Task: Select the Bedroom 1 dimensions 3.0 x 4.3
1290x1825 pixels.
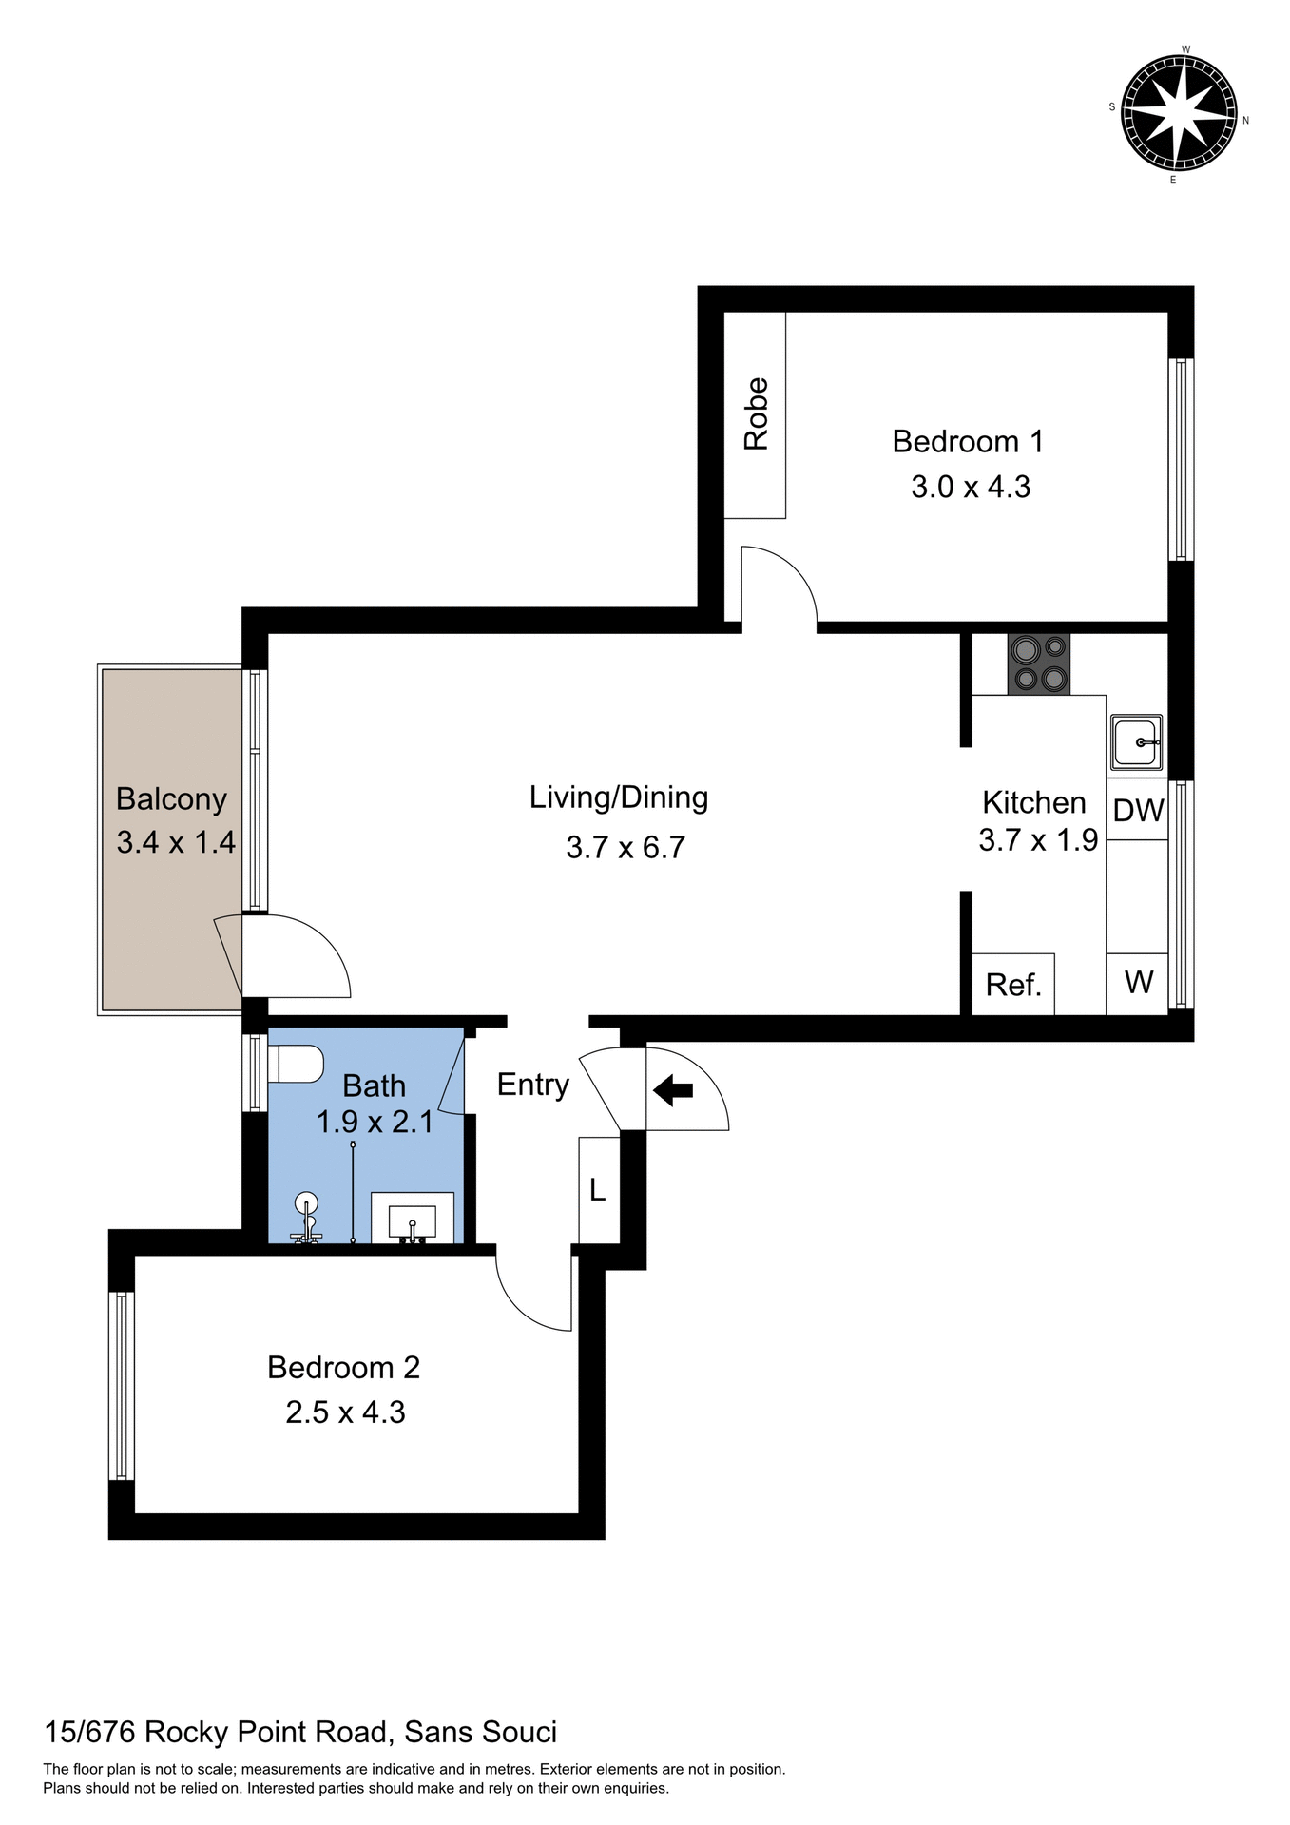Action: click(x=971, y=488)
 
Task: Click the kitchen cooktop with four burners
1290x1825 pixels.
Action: click(x=1039, y=663)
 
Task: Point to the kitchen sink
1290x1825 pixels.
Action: click(x=1135, y=742)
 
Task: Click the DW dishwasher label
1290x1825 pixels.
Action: click(x=1138, y=811)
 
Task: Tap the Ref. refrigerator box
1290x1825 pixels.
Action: click(x=1013, y=985)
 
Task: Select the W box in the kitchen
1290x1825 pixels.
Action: click(x=1138, y=983)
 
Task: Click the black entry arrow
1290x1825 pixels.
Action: click(x=673, y=1089)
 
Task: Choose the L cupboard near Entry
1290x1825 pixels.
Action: click(x=598, y=1189)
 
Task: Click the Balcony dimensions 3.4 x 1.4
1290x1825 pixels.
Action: click(x=176, y=842)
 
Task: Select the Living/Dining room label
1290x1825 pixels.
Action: click(x=619, y=797)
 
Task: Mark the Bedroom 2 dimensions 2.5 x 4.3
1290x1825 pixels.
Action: click(x=345, y=1412)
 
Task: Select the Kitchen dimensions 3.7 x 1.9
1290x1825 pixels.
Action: click(x=1038, y=840)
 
